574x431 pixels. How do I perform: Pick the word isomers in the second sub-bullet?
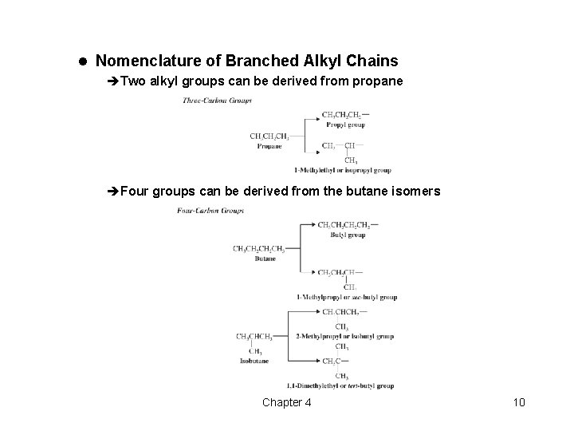coord(415,192)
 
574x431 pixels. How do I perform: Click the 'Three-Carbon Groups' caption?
coord(217,101)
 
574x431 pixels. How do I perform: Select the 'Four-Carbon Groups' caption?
coord(210,211)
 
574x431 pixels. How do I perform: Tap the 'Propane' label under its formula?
coord(269,146)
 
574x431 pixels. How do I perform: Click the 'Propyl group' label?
coord(344,125)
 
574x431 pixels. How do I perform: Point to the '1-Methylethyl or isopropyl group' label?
coord(342,170)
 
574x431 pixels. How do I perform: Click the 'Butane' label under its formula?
coord(265,259)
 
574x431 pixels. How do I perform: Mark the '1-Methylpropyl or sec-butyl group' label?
coord(346,297)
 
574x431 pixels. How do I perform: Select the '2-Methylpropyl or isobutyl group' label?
coord(345,336)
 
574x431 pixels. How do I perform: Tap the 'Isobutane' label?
coord(254,361)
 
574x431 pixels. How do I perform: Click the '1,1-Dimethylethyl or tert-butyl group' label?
coord(344,386)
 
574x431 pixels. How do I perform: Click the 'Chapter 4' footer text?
coord(287,402)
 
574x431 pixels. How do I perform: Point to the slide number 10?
coord(519,402)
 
